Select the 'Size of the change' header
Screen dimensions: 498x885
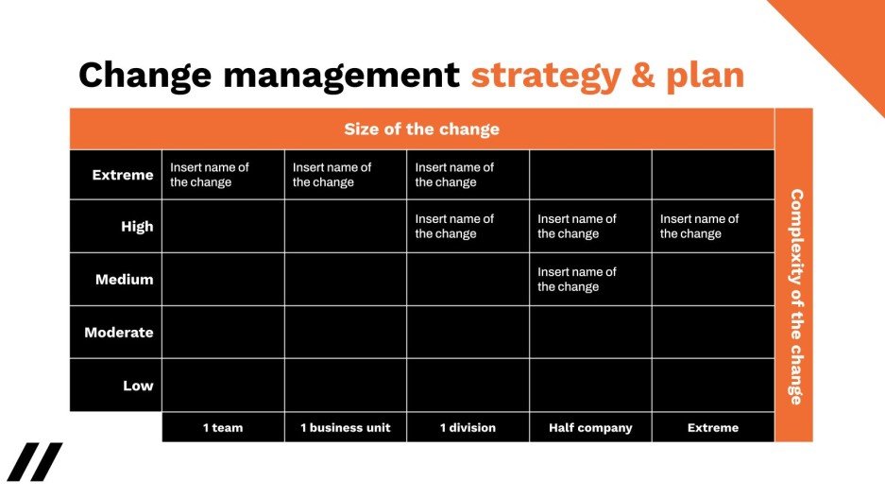[421, 129]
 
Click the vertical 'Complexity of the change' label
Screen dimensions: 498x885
[794, 297]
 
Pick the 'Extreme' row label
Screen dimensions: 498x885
[123, 175]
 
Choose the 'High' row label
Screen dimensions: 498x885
[137, 227]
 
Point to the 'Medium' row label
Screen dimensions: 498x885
[124, 280]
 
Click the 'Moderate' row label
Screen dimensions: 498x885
[119, 333]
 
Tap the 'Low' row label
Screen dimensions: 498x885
[138, 386]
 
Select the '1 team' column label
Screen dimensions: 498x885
[223, 428]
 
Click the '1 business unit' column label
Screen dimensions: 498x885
[345, 428]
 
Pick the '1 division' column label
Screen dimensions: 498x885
[468, 428]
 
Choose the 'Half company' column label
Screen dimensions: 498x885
[590, 428]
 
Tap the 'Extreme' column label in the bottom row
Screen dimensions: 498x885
[713, 428]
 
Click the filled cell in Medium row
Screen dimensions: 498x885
[590, 279]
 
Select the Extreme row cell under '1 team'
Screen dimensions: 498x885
[223, 175]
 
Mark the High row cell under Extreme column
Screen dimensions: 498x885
[713, 226]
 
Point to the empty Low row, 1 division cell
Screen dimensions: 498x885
[468, 386]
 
